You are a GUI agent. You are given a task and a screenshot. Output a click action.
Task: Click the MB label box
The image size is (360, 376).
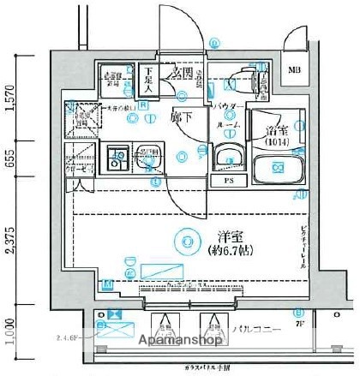tap(294, 70)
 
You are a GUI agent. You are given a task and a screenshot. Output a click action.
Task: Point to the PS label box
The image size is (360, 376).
tap(228, 181)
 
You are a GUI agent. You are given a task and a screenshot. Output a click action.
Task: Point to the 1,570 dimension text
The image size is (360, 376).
tap(10, 98)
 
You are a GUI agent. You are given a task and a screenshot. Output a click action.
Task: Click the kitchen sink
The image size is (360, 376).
tap(118, 157)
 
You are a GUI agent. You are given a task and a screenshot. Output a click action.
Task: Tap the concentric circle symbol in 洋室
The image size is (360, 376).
tap(187, 243)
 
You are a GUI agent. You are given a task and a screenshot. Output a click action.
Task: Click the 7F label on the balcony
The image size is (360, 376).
tap(300, 325)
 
